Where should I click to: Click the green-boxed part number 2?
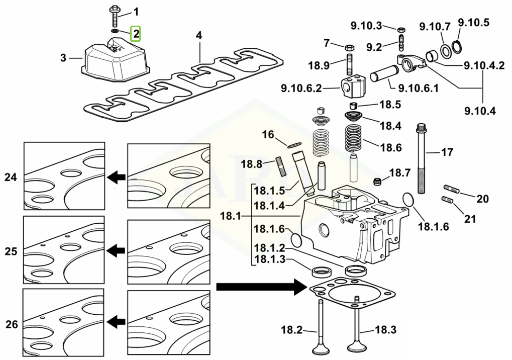click(136, 34)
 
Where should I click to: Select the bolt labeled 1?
click(114, 16)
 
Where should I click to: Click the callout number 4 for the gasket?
click(199, 36)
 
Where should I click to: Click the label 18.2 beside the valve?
click(291, 330)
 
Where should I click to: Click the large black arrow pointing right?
click(261, 287)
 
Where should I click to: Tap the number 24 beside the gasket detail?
click(11, 177)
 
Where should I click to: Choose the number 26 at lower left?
click(12, 325)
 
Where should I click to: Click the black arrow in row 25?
click(117, 250)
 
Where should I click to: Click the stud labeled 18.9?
click(350, 65)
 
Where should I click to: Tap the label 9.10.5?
click(473, 23)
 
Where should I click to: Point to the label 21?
click(469, 219)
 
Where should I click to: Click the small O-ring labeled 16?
click(295, 144)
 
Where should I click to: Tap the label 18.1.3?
click(270, 259)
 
